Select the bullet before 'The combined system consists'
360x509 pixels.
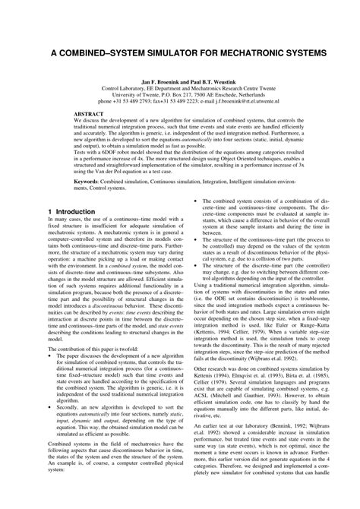(x=198, y=223)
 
